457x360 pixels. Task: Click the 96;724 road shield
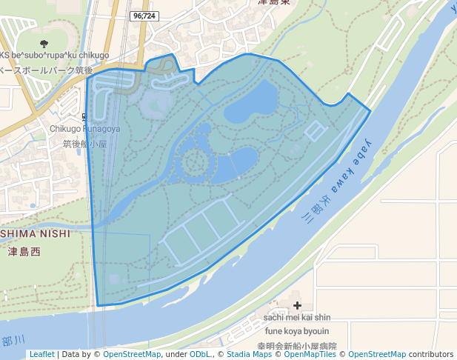click(x=144, y=16)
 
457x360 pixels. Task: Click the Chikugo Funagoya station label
click(x=84, y=128)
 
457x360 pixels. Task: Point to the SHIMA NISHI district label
click(x=35, y=233)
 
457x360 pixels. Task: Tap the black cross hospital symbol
click(x=298, y=305)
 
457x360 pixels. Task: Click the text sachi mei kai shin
click(x=297, y=317)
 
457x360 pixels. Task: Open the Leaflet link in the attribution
click(x=41, y=354)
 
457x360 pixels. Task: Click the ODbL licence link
click(x=199, y=354)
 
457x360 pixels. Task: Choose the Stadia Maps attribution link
click(x=250, y=354)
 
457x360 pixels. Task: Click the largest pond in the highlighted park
click(x=252, y=101)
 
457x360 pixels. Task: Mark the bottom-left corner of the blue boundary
click(x=98, y=304)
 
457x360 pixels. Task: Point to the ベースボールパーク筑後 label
click(x=46, y=70)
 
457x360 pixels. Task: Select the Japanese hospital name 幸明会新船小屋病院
click(x=296, y=346)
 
